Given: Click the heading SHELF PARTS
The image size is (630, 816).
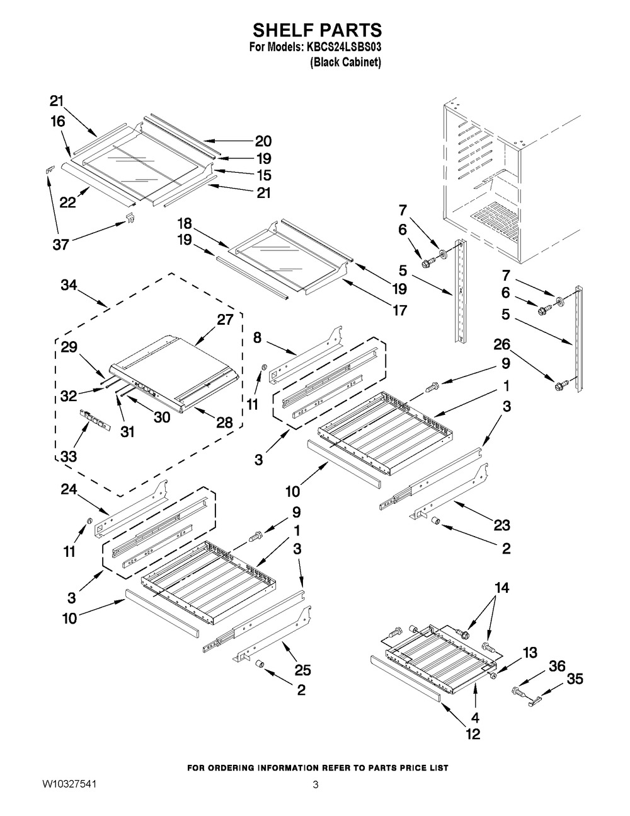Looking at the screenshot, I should [318, 30].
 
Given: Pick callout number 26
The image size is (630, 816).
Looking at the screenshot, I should [501, 345].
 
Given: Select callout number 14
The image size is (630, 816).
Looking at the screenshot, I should [502, 588].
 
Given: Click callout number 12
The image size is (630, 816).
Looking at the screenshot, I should [472, 733].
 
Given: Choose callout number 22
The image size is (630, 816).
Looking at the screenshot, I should [68, 202].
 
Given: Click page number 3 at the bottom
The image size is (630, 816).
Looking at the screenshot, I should [315, 784].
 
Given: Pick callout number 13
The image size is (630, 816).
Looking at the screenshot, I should [530, 653].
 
